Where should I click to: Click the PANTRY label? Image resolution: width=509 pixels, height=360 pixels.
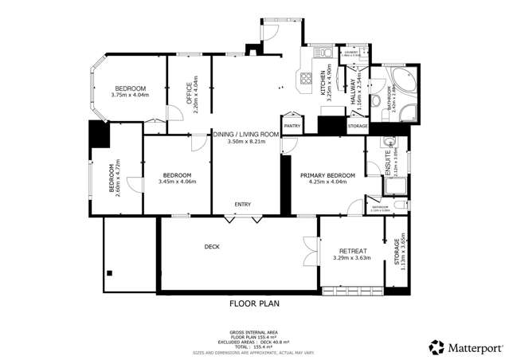tap(291, 125)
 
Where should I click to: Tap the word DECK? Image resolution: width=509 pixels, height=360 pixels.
tap(211, 247)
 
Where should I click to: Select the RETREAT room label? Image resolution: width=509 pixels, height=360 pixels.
tap(353, 251)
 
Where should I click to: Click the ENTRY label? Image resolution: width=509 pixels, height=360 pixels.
tap(242, 205)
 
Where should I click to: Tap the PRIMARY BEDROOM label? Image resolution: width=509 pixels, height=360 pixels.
tap(327, 174)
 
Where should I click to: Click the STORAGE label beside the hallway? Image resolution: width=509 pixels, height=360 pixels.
tap(358, 126)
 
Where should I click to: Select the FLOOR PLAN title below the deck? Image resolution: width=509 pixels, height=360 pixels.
tap(254, 303)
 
